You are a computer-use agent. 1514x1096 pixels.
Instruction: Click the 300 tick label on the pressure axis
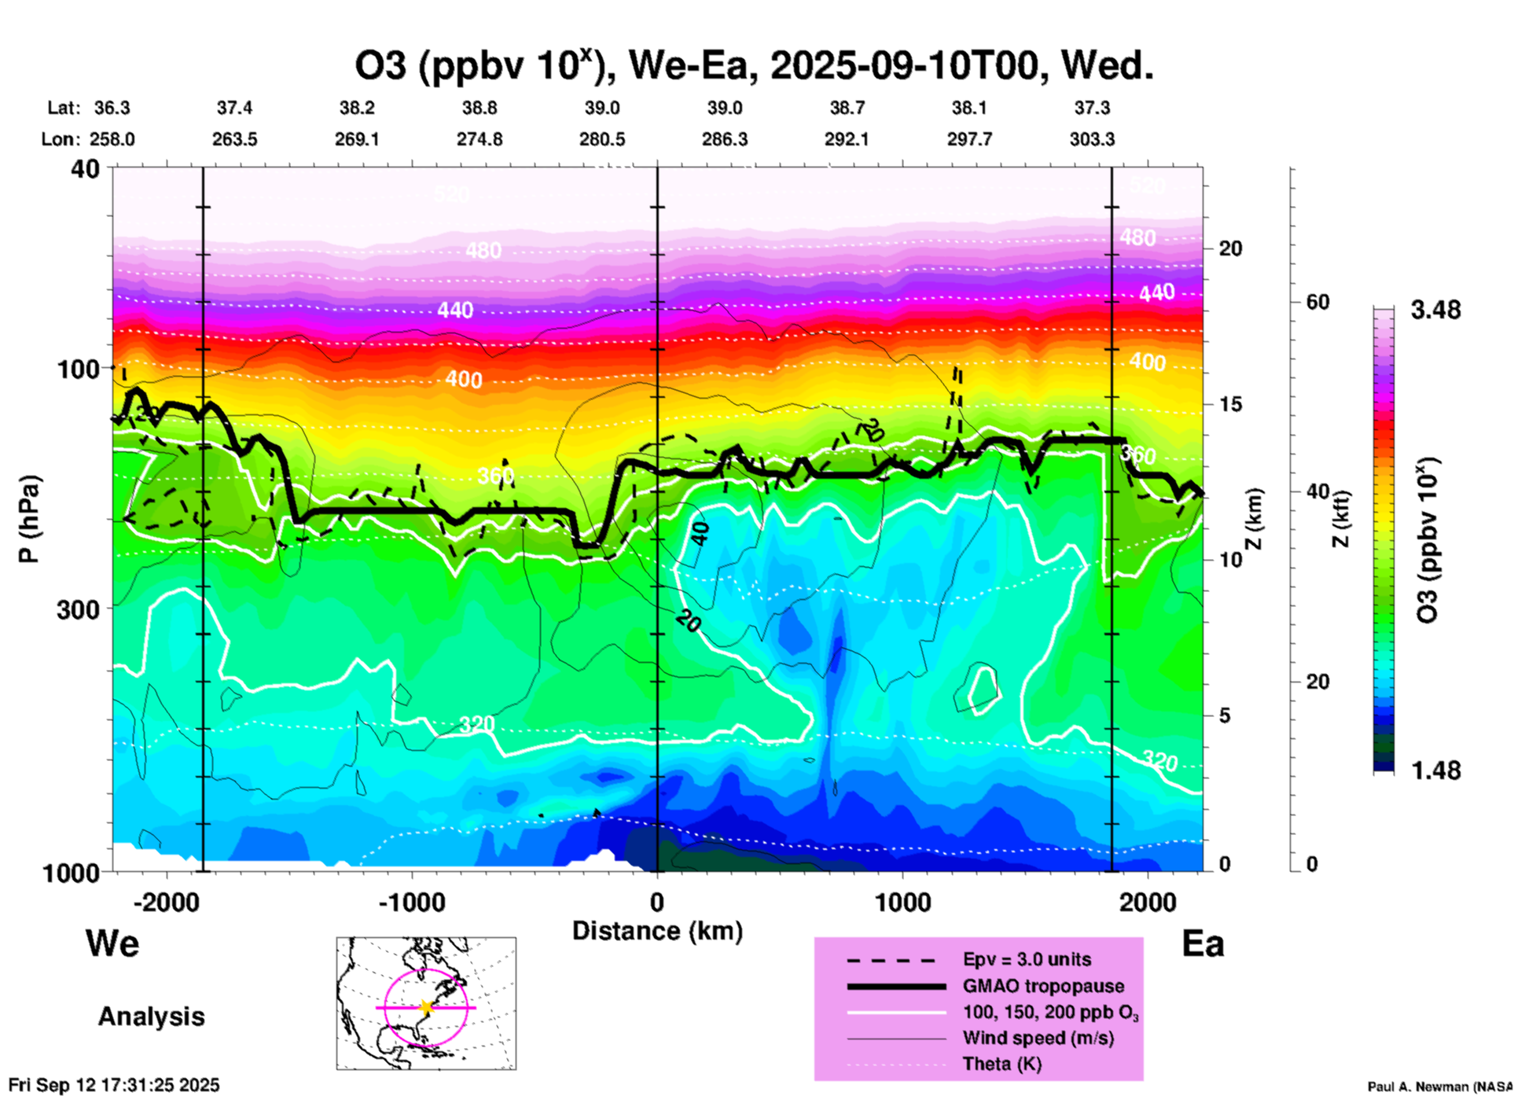[78, 609]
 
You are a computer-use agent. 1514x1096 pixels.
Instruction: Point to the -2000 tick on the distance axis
[167, 902]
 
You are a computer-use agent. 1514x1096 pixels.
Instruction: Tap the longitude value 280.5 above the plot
[602, 139]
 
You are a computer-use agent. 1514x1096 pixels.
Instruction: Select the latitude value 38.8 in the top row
[480, 108]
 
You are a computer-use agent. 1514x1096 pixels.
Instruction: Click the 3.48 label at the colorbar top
[1435, 310]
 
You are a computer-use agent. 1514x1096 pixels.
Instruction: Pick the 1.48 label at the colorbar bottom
[1435, 770]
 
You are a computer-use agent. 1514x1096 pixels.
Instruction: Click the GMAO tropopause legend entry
[1043, 986]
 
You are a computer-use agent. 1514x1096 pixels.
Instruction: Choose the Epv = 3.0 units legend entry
[1027, 959]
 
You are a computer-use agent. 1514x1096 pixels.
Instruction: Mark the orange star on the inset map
[426, 1007]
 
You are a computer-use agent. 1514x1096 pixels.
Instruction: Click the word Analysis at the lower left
[151, 1017]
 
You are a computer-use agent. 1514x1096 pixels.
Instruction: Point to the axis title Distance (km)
[657, 931]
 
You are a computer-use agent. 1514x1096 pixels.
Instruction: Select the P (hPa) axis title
[29, 518]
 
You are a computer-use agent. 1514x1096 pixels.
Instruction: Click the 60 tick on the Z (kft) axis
[1318, 302]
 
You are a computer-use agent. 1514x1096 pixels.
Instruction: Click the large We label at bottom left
[112, 943]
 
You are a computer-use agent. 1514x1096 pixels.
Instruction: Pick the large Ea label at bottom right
[1202, 943]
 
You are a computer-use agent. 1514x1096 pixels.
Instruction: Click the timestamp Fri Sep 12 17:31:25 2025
[114, 1085]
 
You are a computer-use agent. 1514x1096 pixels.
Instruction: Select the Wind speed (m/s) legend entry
[1038, 1038]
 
